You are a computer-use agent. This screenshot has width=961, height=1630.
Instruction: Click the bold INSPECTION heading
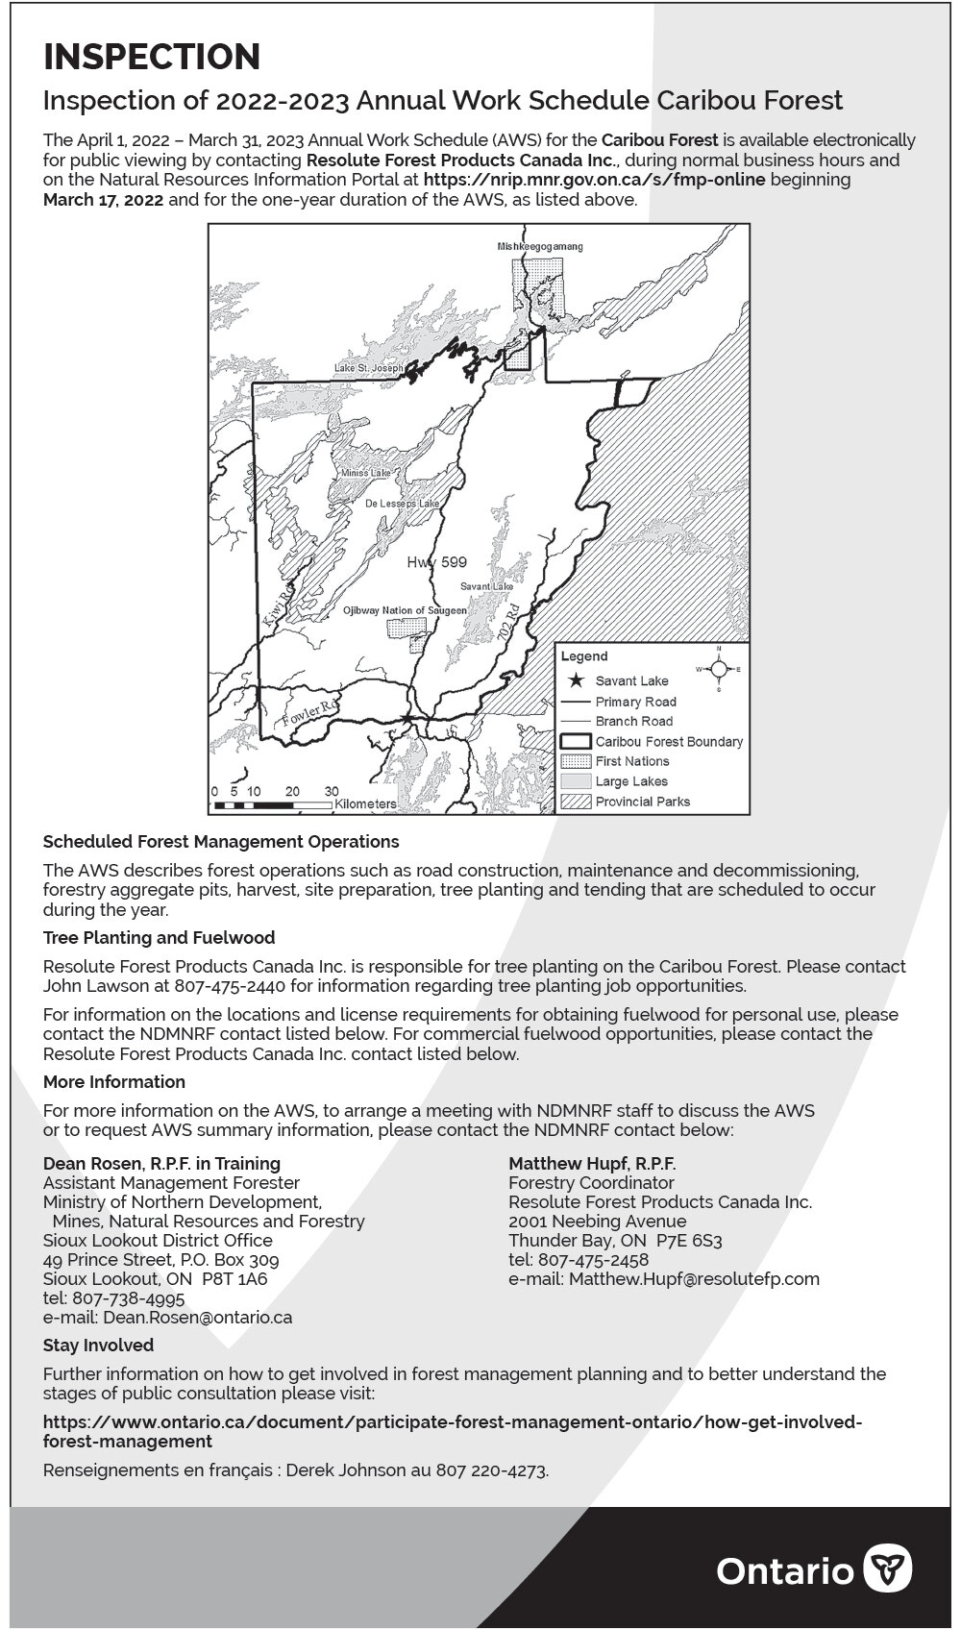(152, 57)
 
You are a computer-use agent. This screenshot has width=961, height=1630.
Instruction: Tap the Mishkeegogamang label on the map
(539, 247)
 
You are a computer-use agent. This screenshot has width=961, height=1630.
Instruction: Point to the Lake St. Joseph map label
(368, 369)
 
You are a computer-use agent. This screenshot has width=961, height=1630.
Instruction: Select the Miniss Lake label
(365, 473)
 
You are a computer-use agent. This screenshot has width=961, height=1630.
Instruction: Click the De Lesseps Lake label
(402, 504)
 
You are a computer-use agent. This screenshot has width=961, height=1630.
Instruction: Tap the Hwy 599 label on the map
(436, 562)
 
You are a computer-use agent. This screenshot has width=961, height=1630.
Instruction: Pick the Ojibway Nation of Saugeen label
(405, 610)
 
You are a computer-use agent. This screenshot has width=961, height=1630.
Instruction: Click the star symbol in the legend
(576, 680)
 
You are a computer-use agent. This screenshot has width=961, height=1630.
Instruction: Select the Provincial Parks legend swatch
(576, 802)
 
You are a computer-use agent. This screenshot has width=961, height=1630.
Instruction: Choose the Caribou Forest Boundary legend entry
(669, 742)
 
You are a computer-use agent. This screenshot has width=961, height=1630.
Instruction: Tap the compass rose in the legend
(719, 669)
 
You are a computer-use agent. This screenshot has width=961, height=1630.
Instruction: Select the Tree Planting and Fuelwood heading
(159, 938)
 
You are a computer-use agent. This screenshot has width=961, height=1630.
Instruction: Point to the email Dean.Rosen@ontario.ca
(197, 1318)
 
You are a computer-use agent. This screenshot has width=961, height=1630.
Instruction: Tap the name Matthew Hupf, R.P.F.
(592, 1164)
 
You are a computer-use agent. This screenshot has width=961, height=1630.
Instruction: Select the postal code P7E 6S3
(689, 1241)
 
